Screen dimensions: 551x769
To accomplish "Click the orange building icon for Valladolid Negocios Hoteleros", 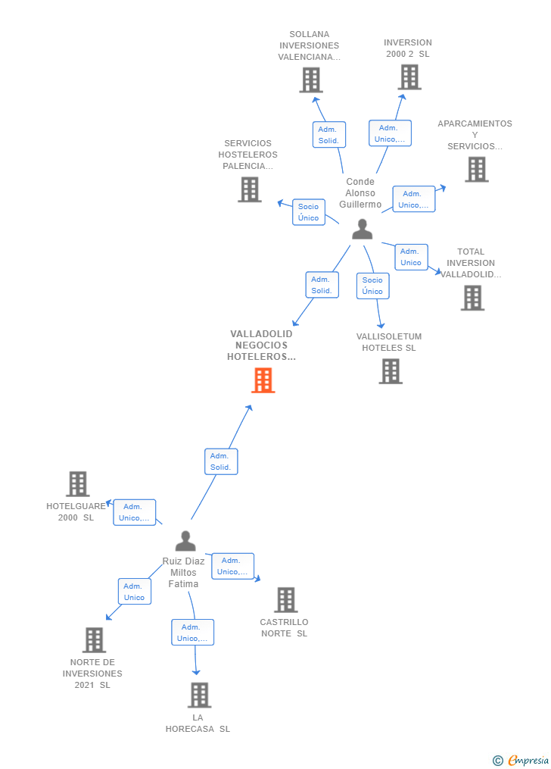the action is pos(263,380).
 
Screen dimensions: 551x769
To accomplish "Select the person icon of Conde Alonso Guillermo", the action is pos(363,229).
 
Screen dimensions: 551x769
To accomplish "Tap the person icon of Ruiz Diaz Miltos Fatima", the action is pos(185,541).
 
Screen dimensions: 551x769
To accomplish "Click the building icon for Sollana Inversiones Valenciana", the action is pos(311,80).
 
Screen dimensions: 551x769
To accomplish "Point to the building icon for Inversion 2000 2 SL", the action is pos(409,77).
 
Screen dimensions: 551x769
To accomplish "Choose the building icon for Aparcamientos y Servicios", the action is pos(476,170).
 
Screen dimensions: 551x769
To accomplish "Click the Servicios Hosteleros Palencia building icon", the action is pos(250,189).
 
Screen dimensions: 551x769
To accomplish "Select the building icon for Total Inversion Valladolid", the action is pos(472,298).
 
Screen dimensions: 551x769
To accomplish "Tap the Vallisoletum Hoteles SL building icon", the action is pos(391,371).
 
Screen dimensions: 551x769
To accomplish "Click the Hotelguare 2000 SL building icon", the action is pos(78,483).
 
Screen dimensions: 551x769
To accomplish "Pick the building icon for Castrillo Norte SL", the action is pos(285,599).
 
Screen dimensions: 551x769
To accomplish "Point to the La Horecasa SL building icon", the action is pos(199,695).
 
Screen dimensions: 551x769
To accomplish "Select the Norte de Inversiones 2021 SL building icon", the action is pos(94,640).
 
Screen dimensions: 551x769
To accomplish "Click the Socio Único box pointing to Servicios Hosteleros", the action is pos(308,212).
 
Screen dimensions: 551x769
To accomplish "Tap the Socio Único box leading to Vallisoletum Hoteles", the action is pos(372,286).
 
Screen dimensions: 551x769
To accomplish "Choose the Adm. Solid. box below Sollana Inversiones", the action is pos(328,135).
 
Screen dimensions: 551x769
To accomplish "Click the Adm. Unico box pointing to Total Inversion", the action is pos(411,257).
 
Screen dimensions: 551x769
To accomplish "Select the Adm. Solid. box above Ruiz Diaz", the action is pos(221,461).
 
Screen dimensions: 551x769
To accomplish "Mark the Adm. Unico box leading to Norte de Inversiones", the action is pos(134,592).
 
